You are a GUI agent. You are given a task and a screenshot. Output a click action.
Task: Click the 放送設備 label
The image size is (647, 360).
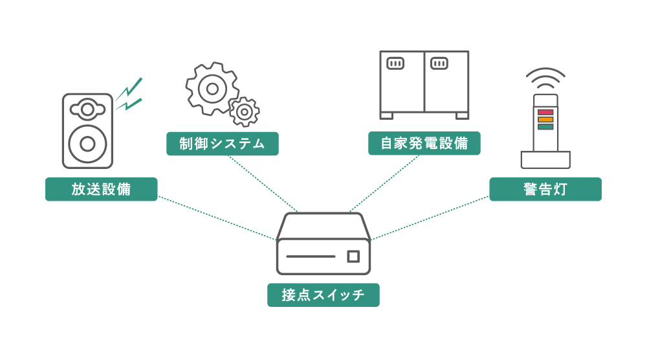[101, 189]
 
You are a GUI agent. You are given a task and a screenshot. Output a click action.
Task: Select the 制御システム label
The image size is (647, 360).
[222, 144]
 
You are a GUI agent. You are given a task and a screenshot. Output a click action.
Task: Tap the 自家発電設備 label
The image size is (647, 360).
[424, 144]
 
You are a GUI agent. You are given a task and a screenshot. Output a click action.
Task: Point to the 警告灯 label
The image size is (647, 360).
[545, 189]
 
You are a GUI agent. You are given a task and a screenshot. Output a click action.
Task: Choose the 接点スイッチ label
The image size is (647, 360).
[323, 295]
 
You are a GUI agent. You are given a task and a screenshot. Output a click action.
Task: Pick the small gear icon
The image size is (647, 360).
[244, 112]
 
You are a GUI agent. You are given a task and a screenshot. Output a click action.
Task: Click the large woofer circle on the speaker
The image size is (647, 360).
[87, 144]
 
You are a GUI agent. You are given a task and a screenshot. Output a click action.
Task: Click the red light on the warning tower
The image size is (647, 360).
[545, 112]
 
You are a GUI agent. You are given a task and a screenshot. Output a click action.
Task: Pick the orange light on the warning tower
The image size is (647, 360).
[545, 119]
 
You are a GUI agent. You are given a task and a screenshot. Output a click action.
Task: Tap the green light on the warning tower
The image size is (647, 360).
[545, 126]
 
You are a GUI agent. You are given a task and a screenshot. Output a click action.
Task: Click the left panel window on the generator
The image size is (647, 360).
[395, 63]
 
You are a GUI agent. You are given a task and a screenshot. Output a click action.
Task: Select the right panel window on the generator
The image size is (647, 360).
[439, 63]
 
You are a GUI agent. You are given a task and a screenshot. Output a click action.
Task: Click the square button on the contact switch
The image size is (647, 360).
[353, 256]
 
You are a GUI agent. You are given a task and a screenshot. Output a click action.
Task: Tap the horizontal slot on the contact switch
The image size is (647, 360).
[311, 256]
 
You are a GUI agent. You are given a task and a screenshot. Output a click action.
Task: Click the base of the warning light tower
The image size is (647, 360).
[545, 159]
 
